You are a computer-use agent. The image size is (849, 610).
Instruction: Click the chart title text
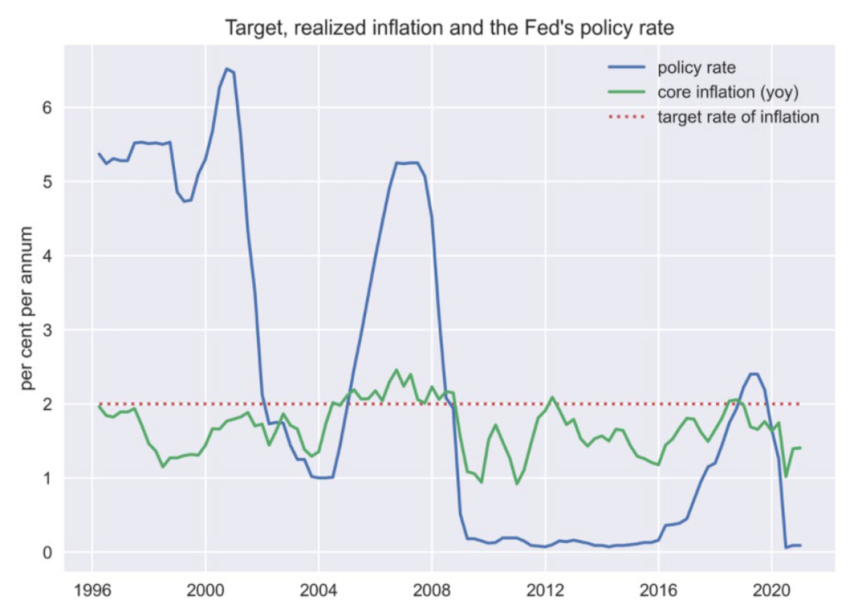pos(449,29)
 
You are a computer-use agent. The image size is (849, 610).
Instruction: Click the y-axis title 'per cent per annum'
pos(27,308)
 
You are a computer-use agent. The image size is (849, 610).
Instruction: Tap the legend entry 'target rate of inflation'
pos(738,117)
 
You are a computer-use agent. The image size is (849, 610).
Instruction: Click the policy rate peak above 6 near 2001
pos(226,69)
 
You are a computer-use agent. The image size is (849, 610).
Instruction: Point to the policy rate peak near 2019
pos(753,374)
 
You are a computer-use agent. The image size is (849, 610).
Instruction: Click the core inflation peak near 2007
pos(396,370)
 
